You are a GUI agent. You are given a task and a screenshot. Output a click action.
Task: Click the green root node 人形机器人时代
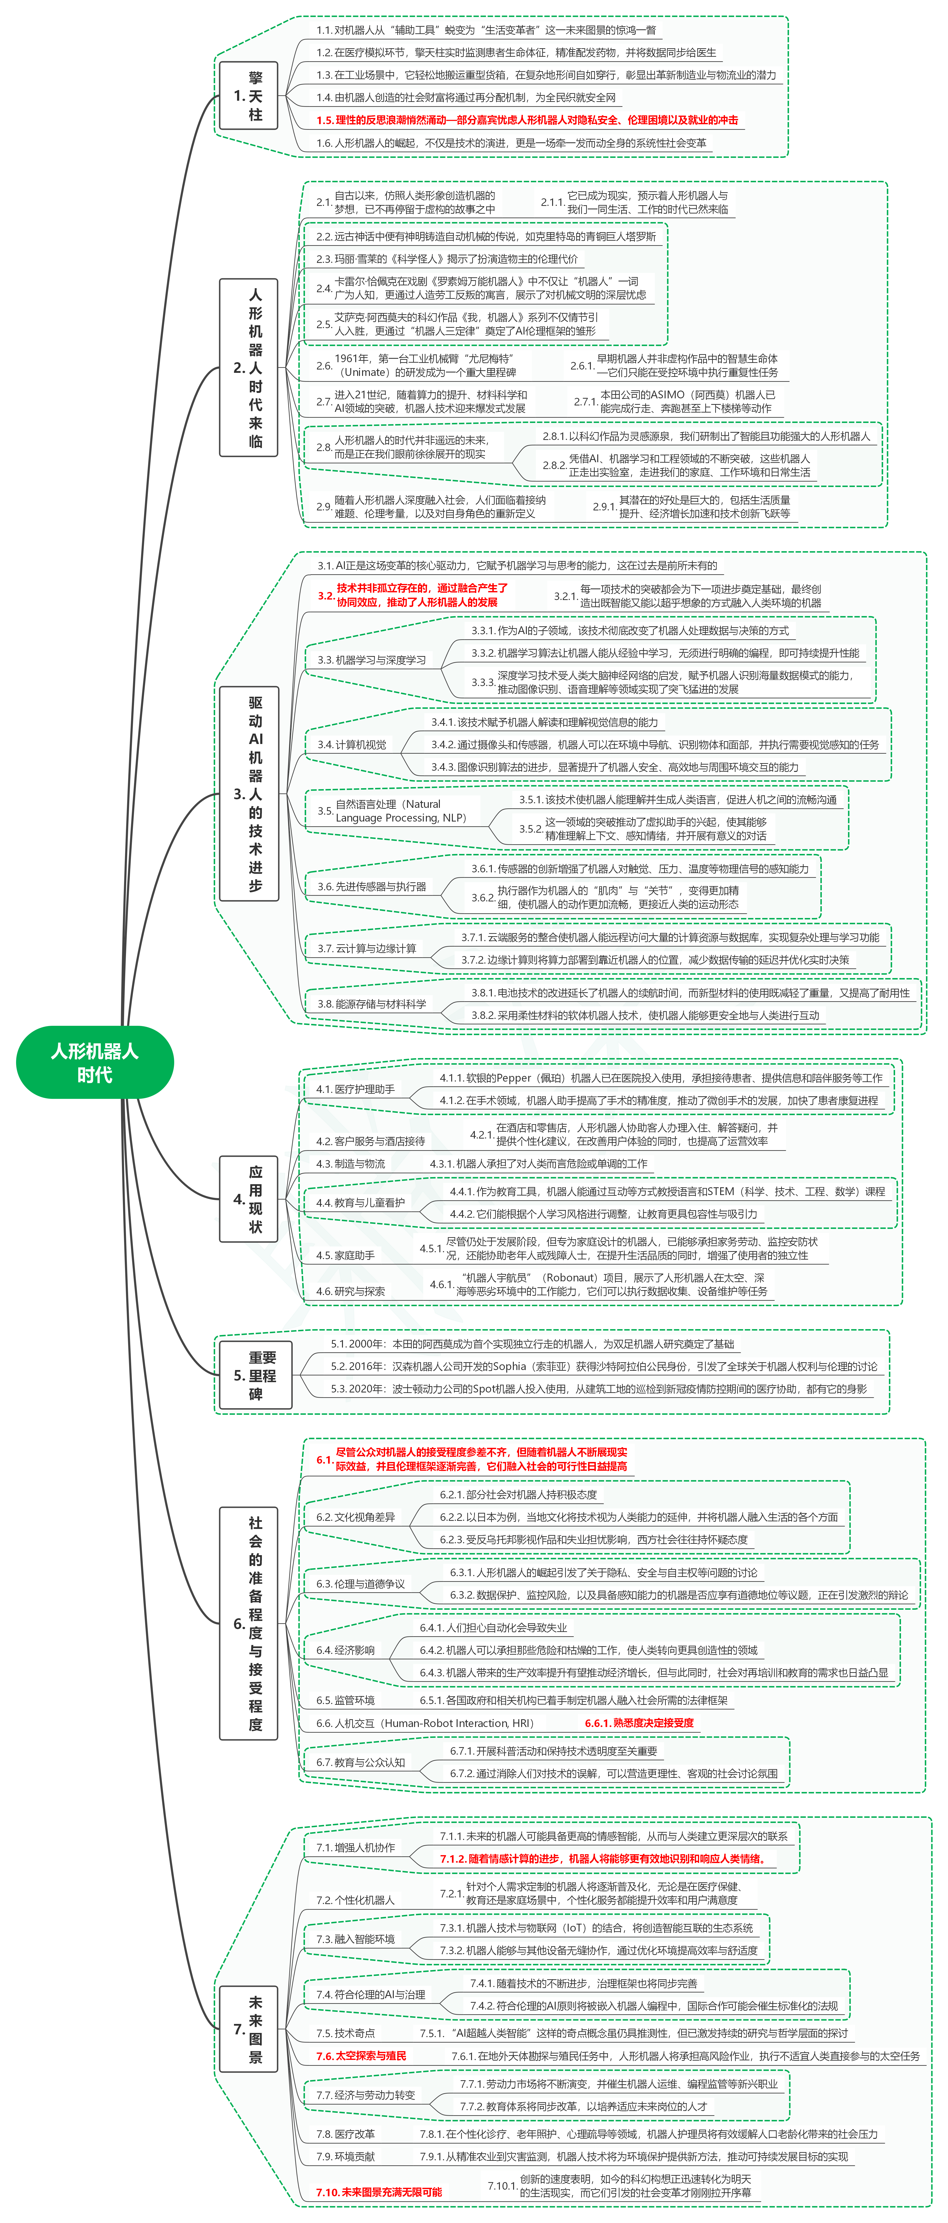(95, 1062)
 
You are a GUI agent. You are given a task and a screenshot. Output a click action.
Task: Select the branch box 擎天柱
(248, 96)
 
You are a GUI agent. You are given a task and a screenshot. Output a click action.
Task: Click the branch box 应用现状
(248, 1199)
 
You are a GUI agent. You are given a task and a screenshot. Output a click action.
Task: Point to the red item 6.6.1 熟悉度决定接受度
(639, 1723)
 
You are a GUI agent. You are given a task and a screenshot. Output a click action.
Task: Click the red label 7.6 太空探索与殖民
(361, 2056)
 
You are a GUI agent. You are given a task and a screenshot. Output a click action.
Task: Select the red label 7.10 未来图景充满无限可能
(379, 2192)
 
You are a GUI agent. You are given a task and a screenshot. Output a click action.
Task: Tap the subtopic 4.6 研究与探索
(350, 1291)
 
